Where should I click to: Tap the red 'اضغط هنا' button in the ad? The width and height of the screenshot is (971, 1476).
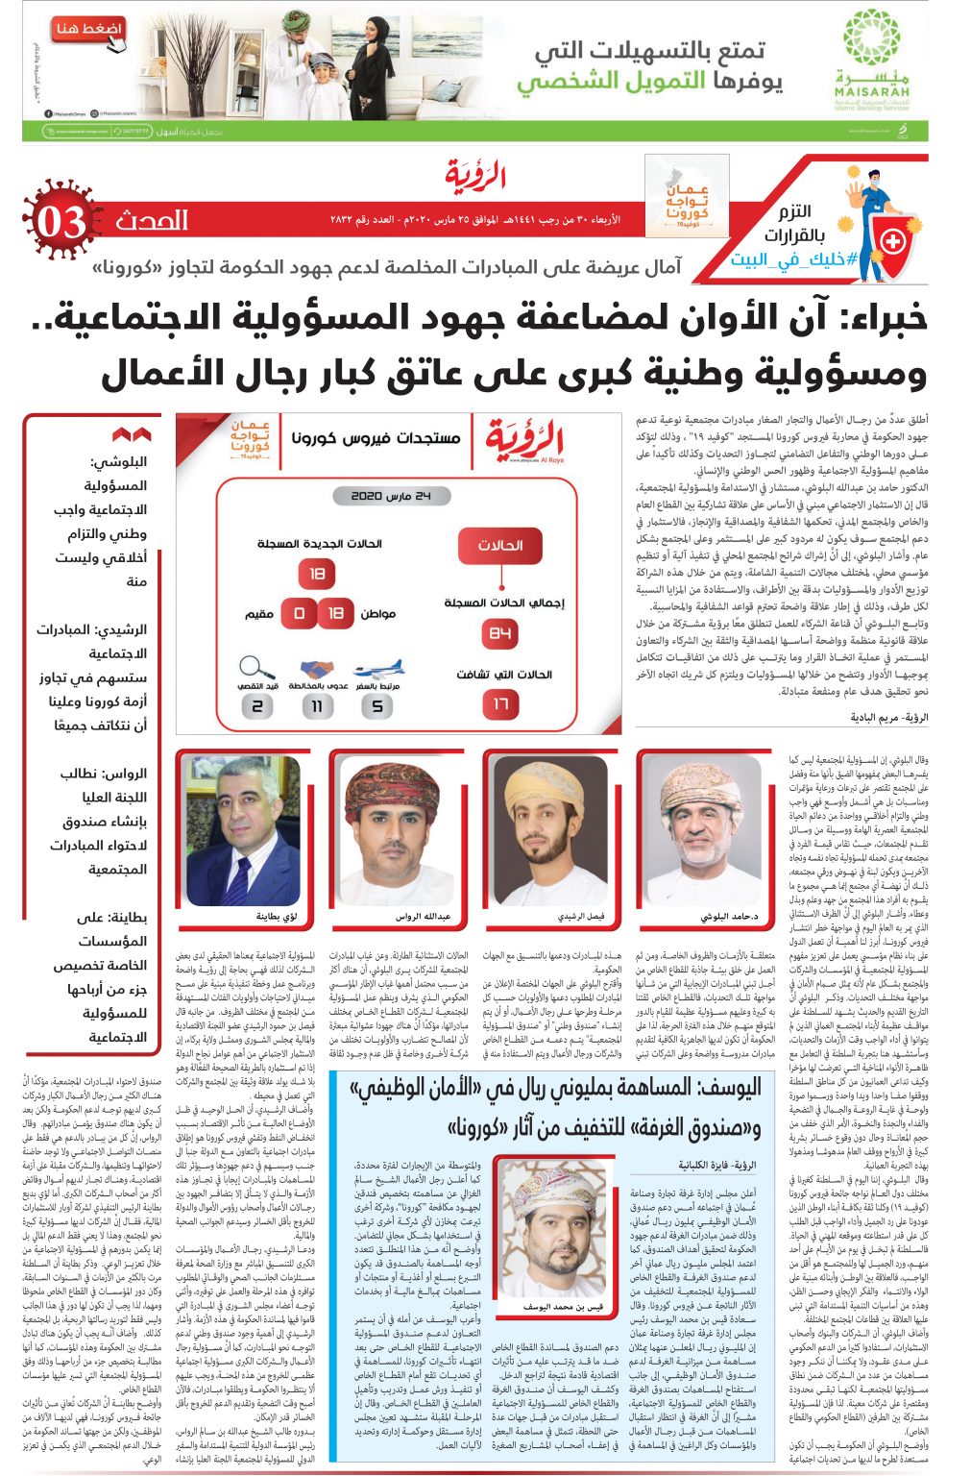[x=88, y=30]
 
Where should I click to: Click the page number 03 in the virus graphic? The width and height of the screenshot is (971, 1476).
[x=61, y=223]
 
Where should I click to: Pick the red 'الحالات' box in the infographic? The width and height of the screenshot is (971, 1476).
[x=499, y=546]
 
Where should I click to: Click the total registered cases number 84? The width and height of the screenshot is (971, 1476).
[x=500, y=633]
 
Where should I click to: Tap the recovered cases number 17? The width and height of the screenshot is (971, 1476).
[x=500, y=704]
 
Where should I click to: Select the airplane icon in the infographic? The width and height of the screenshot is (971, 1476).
[x=377, y=669]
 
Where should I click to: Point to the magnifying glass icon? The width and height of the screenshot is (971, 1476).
[x=256, y=667]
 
